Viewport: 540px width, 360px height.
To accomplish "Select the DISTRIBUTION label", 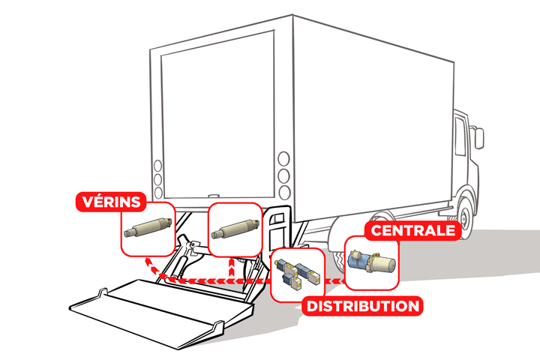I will tap(361, 306).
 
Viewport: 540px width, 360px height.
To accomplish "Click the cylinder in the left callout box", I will tap(148, 227).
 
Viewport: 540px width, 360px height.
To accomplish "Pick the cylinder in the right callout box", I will tap(235, 227).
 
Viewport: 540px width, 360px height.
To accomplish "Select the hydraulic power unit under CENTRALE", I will tap(372, 262).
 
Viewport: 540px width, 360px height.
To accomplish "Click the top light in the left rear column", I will tap(157, 166).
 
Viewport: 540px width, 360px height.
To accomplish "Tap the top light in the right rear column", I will tap(283, 160).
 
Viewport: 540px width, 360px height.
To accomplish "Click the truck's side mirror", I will tap(478, 139).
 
